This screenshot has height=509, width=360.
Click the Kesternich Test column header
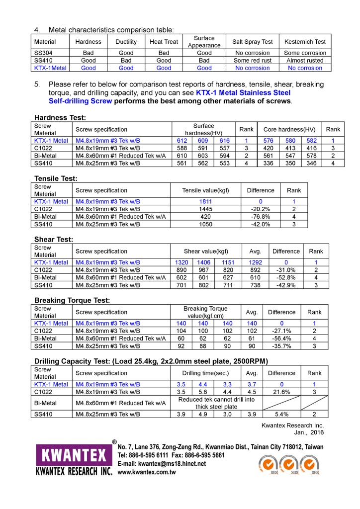coord(305,42)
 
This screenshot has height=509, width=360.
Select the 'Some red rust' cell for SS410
coord(252,60)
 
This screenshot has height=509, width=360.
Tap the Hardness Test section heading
coord(60,118)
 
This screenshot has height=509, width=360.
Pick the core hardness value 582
coord(312,141)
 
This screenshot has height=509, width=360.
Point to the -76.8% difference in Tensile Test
coord(261,217)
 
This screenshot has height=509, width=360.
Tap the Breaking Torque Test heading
coord(72,300)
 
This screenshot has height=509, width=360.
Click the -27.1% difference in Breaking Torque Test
coord(281,331)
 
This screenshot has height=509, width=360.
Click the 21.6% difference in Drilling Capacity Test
coord(281,392)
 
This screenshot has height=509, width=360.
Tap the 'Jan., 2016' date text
coord(310,433)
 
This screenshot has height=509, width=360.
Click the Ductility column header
coord(126,42)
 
